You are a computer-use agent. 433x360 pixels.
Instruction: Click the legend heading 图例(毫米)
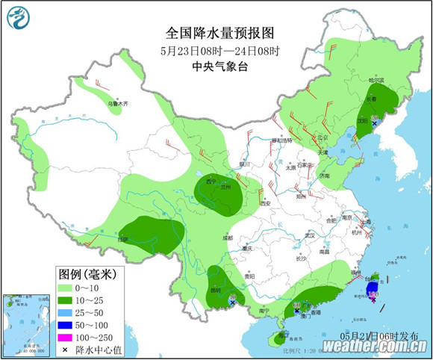[x=86, y=273]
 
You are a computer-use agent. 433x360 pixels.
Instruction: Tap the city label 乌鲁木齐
[x=117, y=103]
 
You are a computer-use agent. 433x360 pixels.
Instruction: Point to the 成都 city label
[x=227, y=238]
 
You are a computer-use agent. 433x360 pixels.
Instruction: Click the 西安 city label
[x=263, y=202]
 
